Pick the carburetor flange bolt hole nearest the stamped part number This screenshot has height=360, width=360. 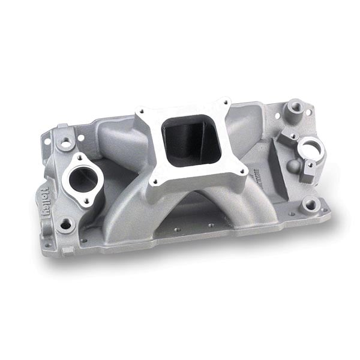tap(242, 170)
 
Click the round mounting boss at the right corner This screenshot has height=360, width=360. tap(311, 205)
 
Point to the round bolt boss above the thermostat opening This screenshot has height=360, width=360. tap(64, 142)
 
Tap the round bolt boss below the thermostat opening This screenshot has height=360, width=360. tap(65, 224)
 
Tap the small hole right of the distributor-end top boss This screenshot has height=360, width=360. tap(308, 112)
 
